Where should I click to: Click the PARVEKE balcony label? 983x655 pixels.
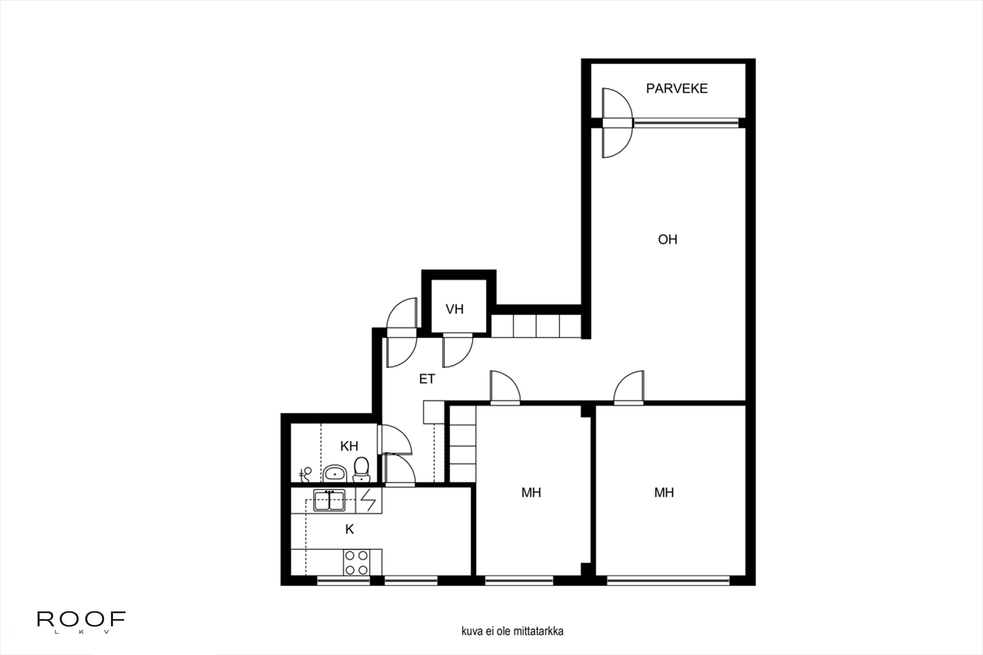pyautogui.click(x=677, y=88)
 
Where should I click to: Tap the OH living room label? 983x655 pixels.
pyautogui.click(x=667, y=239)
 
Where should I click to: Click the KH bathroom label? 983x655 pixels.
pyautogui.click(x=349, y=446)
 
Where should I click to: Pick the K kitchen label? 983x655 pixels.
pyautogui.click(x=349, y=529)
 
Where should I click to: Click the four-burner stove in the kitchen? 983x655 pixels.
pyautogui.click(x=357, y=562)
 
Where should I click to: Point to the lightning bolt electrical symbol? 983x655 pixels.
pyautogui.click(x=368, y=500)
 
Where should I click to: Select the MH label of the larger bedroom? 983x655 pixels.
pyautogui.click(x=664, y=493)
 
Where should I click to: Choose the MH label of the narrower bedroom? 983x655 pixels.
pyautogui.click(x=531, y=493)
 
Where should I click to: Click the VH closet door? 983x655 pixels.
pyautogui.click(x=458, y=351)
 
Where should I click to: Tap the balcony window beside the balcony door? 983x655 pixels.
pyautogui.click(x=686, y=122)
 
